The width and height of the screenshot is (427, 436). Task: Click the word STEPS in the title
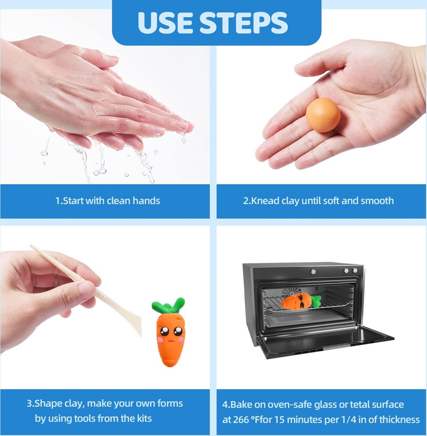(x=243, y=23)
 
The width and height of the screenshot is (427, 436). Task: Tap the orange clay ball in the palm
(x=323, y=115)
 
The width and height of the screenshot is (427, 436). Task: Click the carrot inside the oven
(x=301, y=301)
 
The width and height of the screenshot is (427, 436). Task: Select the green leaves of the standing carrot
(x=169, y=305)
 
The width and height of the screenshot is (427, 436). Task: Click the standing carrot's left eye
(x=165, y=331)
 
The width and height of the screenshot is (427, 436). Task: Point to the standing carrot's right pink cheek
(x=181, y=340)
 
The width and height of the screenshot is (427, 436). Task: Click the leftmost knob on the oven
(x=313, y=271)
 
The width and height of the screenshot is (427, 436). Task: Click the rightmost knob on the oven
(x=355, y=270)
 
